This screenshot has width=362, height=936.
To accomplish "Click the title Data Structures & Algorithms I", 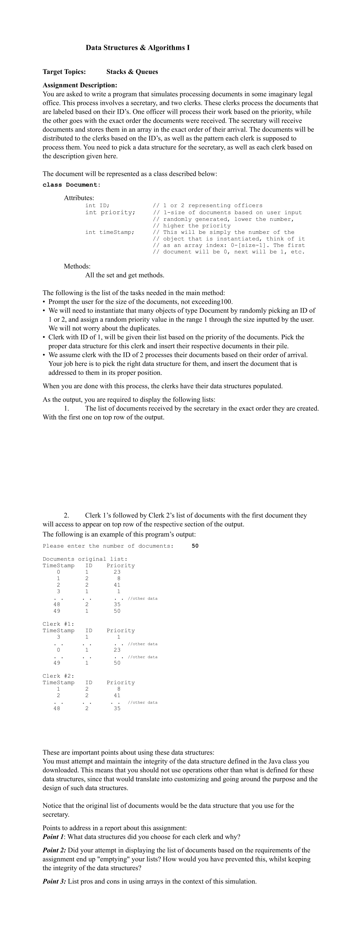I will pos(138,48).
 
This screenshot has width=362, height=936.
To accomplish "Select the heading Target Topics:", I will pos(64,71).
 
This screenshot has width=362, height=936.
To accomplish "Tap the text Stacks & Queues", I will pos(132,71).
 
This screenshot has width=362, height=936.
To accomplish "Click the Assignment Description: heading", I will pos(80,85).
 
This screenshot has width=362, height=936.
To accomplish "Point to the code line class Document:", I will pos(71,185).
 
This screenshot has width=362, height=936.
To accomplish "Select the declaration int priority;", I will pos(110,212).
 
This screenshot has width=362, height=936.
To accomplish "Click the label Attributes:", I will pos(79,198).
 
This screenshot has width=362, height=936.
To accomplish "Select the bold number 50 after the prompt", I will pos(195,546).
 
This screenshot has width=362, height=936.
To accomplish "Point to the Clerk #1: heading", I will pos(58,624).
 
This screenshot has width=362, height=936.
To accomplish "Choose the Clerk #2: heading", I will pos(58,676).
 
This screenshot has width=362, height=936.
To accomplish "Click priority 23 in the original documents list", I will pos(117,572).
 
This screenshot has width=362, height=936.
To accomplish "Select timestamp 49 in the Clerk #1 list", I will pos(57,663).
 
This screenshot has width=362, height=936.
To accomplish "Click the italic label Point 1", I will pos(53,837).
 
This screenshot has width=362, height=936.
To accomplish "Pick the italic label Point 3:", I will pos(54,881).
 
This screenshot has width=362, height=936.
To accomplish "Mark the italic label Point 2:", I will pos(54,850).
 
